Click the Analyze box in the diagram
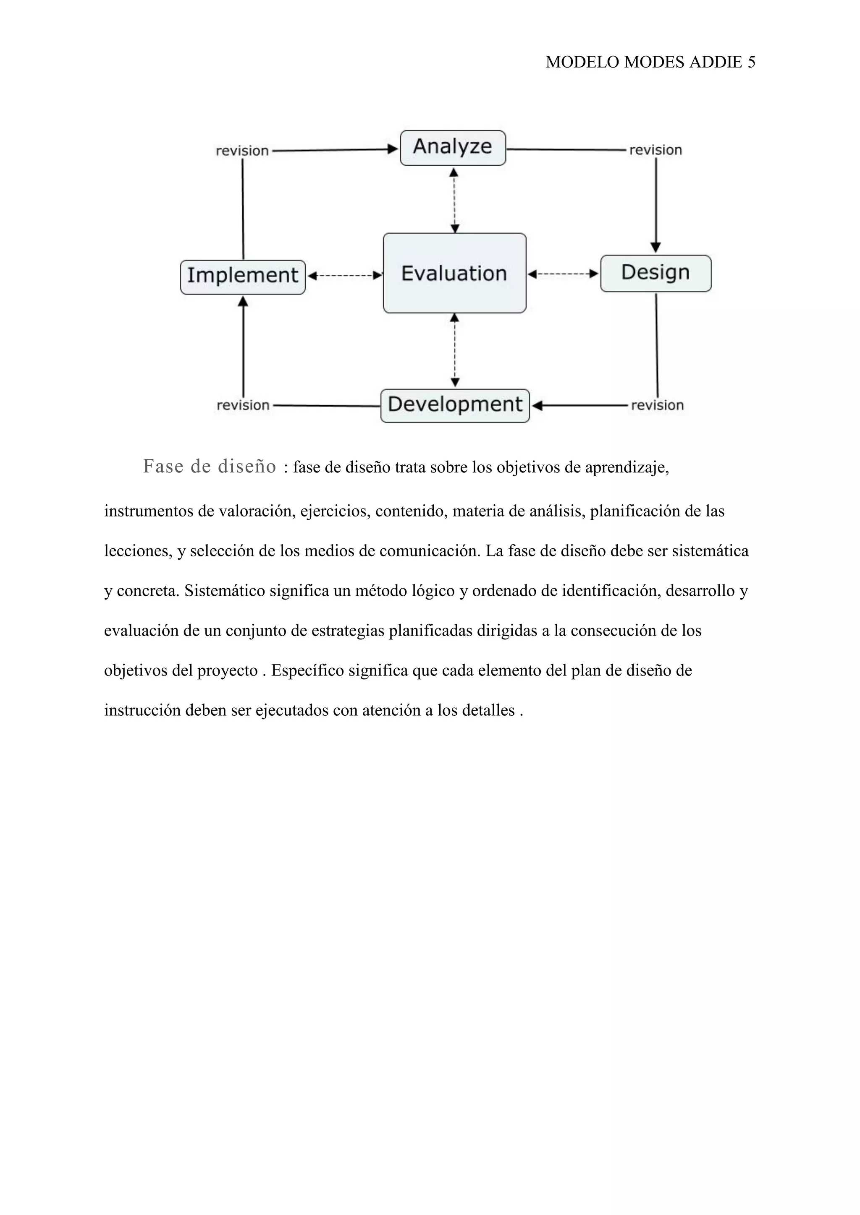click(453, 148)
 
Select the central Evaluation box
click(454, 273)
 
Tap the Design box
click(655, 273)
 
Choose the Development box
click(455, 405)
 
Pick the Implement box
click(243, 277)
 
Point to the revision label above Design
click(655, 150)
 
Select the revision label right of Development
click(657, 406)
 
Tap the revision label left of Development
click(243, 406)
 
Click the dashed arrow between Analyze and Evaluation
click(454, 200)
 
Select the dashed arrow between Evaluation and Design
click(564, 274)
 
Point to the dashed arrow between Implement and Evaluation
click(345, 276)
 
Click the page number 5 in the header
click(751, 63)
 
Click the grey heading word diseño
click(247, 467)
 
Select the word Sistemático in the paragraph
click(225, 591)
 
